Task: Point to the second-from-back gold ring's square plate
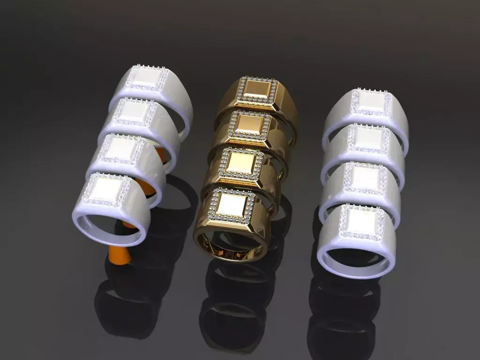pyautogui.click(x=248, y=124)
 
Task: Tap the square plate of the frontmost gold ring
pyautogui.click(x=232, y=204)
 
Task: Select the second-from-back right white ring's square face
pyautogui.click(x=368, y=138)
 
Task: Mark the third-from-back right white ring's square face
pyautogui.click(x=365, y=178)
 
